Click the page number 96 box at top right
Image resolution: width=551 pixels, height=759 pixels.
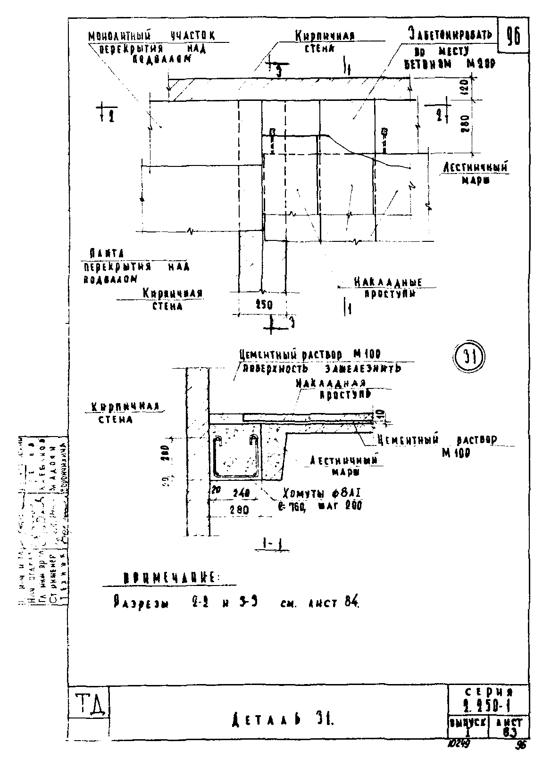click(513, 36)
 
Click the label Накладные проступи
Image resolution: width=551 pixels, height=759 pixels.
click(388, 288)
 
